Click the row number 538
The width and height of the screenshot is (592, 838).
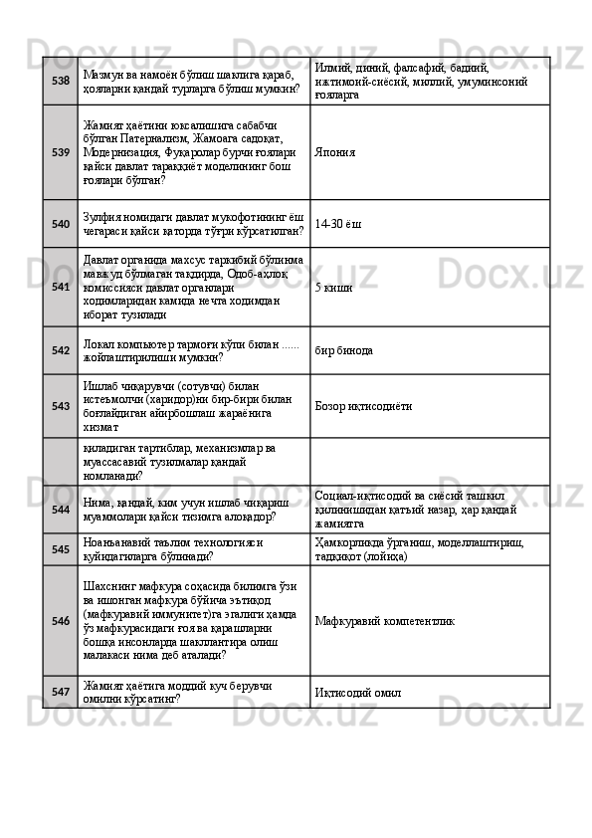tap(60, 81)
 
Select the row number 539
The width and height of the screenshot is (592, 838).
tap(60, 153)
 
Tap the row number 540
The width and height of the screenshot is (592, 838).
tap(60, 224)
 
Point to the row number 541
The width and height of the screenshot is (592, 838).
tap(60, 287)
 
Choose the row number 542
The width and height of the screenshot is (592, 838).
tap(60, 350)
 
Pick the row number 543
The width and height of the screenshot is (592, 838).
tap(60, 406)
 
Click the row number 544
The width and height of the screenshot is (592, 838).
tap(60, 509)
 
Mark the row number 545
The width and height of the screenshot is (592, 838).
tap(60, 548)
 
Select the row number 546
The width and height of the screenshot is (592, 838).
tap(60, 620)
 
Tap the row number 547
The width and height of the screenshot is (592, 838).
tap(60, 689)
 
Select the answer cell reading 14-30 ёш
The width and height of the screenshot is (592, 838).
tap(337, 225)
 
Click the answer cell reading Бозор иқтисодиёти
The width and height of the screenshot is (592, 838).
tap(362, 406)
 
